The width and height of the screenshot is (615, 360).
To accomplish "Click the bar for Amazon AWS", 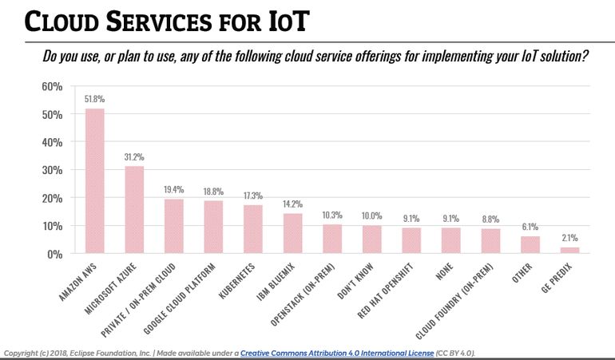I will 94,181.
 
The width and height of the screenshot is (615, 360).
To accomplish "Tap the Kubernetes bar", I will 252,229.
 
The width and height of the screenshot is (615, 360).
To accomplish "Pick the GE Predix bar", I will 569,250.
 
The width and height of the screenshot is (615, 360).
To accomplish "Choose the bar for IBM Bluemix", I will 292,233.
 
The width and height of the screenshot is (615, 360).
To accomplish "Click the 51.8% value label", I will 94,100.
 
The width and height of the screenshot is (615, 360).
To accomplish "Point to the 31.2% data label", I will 134,157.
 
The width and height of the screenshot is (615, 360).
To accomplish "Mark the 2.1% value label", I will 569,239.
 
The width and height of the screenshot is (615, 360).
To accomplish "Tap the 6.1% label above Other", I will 529,227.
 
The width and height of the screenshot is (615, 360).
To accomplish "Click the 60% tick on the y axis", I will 52,86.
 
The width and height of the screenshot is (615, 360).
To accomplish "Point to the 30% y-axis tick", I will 52,170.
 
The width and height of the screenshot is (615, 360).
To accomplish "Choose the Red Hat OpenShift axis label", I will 391,287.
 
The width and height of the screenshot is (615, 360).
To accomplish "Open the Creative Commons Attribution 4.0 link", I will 336,352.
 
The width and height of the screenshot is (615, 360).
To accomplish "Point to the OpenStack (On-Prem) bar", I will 331,239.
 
